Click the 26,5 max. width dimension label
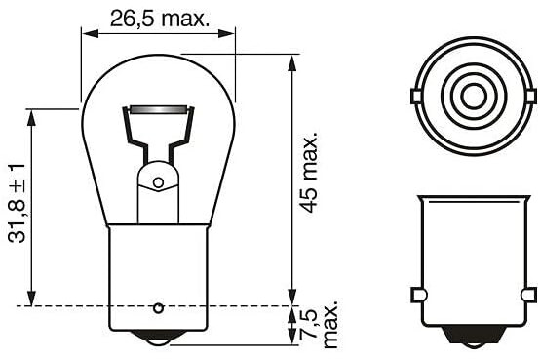coord(160,19)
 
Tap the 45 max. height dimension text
coord(308,172)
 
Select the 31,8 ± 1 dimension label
coord(17,203)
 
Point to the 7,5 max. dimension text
coord(320,324)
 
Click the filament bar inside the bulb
coord(159,110)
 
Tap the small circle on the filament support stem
coord(158,182)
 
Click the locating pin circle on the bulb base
coord(158,307)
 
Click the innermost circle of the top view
coord(474,96)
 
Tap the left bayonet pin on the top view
coord(416,96)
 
